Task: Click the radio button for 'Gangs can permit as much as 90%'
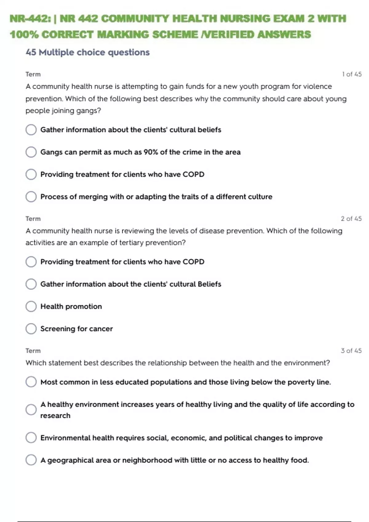(x=31, y=152)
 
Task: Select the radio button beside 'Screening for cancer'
(x=31, y=329)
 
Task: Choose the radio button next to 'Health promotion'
(x=31, y=306)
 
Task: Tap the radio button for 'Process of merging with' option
(x=31, y=197)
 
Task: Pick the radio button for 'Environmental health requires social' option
(x=31, y=438)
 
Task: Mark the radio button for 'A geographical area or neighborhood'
(x=31, y=460)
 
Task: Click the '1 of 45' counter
(x=352, y=74)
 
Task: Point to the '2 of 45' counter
(x=351, y=219)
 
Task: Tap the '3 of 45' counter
(x=351, y=351)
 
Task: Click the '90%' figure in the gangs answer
(x=151, y=152)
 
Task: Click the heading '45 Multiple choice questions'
(x=88, y=52)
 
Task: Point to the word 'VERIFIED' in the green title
(x=228, y=34)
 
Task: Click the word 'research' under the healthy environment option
(x=55, y=415)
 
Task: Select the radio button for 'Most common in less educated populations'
(x=31, y=382)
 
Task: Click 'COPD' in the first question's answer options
(x=193, y=174)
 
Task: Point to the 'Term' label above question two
(x=33, y=219)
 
